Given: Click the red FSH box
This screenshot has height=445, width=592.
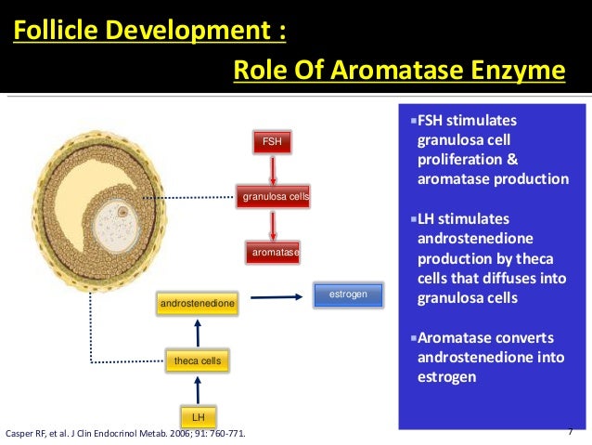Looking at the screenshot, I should (x=271, y=142).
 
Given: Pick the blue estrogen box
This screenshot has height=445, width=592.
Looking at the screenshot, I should (x=348, y=295).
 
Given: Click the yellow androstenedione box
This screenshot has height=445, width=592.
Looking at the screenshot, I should (x=197, y=304).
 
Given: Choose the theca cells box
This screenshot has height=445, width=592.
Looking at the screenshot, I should (x=197, y=360).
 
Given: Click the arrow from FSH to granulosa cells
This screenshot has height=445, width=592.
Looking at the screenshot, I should (x=271, y=169).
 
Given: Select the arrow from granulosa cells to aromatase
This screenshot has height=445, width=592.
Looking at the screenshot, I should (x=271, y=225).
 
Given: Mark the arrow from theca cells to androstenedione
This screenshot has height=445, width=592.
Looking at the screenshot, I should (x=197, y=332).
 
